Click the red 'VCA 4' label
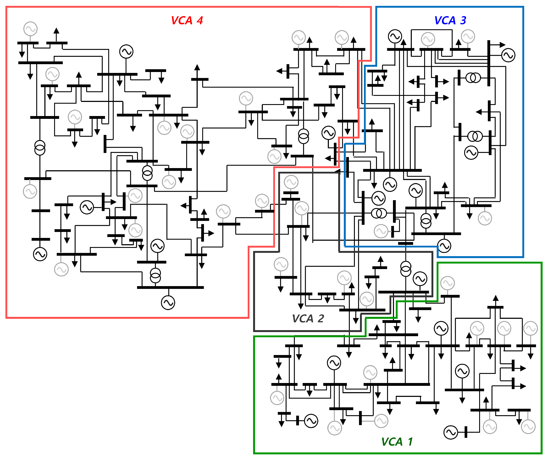[187, 20]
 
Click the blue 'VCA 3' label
[450, 20]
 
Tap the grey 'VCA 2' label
[308, 318]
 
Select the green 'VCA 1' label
[397, 442]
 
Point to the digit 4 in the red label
[200, 20]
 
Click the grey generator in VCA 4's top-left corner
[30, 29]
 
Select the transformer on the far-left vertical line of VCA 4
[40, 148]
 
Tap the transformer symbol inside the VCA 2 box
[406, 269]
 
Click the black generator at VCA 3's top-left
[395, 36]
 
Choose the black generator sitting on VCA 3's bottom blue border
[444, 246]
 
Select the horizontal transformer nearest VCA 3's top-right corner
[473, 78]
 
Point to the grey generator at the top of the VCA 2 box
[291, 182]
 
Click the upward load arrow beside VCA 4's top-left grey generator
[56, 31]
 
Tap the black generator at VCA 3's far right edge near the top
[508, 55]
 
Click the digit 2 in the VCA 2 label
[321, 318]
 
